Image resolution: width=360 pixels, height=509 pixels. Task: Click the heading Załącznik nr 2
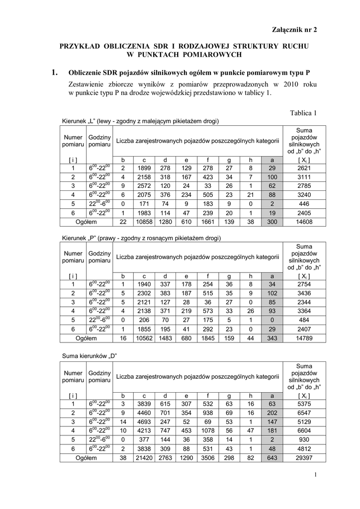point(293,30)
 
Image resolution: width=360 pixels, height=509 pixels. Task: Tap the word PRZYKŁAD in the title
point(80,46)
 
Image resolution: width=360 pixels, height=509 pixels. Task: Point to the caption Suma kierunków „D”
point(89,355)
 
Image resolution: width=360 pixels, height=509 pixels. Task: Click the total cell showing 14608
point(302,222)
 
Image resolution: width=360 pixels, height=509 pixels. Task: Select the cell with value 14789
point(302,338)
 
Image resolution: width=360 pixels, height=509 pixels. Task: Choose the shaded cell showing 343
point(271,338)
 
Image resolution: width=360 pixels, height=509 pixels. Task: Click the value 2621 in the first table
point(302,168)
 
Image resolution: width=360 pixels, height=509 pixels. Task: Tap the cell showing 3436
point(302,293)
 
